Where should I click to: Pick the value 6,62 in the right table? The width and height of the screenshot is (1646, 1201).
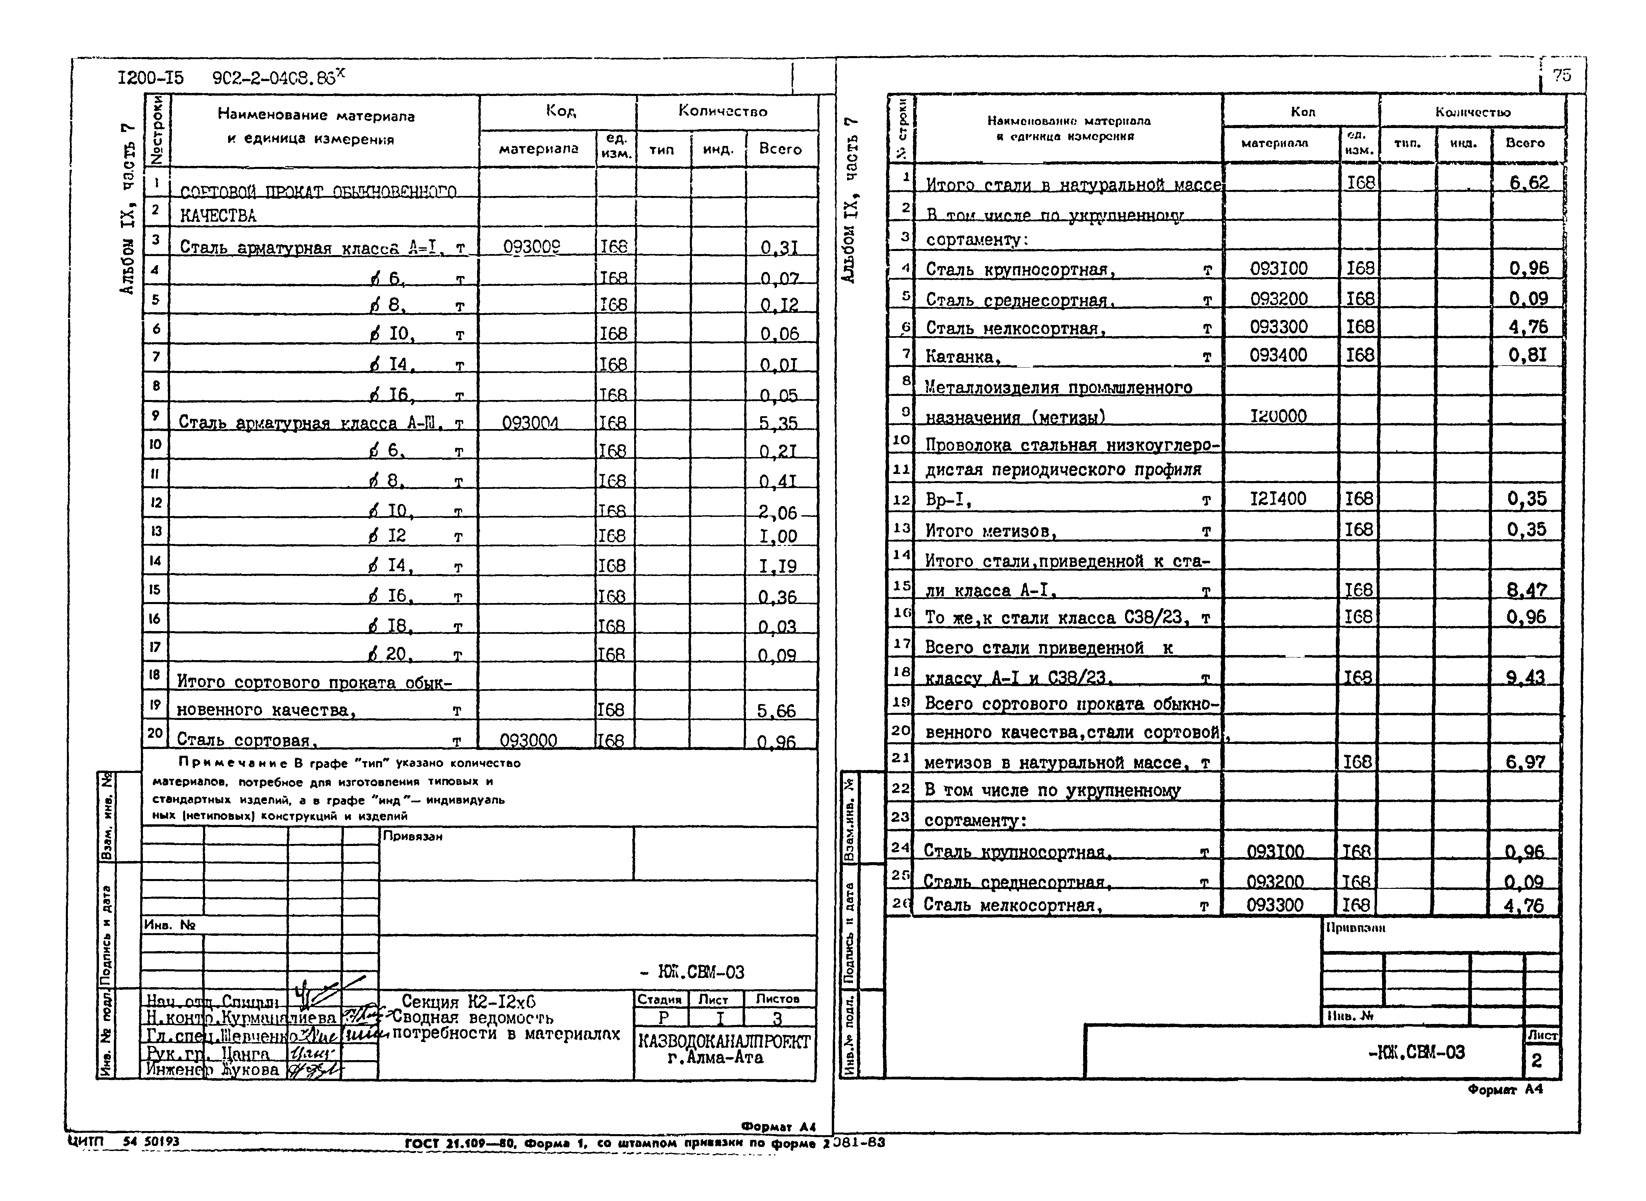pos(1529,182)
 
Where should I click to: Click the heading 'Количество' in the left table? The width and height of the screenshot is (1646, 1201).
pos(723,111)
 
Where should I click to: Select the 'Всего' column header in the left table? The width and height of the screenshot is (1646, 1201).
pos(780,149)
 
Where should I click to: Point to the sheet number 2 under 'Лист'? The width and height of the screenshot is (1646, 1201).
pos(1536,1061)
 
